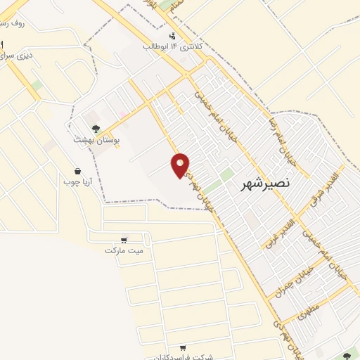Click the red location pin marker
coord(181,165)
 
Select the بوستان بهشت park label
coord(96,140)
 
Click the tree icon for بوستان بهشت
coord(96,128)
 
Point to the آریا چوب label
coord(77,181)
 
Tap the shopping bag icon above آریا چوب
coord(77,171)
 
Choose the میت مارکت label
coord(124,250)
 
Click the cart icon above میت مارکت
coord(124,239)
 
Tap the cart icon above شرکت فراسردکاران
coord(183,347)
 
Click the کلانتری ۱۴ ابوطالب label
coord(173,46)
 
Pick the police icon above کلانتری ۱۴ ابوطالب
coord(173,36)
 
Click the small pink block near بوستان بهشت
coord(124,112)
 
